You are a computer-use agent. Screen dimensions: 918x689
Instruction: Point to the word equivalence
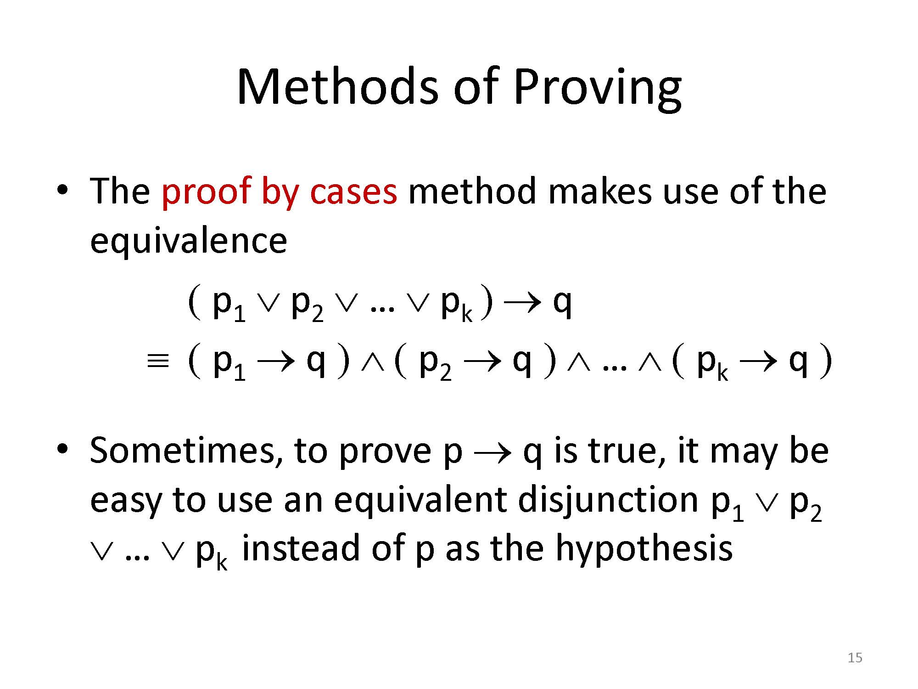click(188, 242)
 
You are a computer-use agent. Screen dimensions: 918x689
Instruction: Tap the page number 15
click(855, 658)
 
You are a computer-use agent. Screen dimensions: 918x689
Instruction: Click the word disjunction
click(608, 501)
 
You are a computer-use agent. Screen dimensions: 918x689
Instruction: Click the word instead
click(300, 548)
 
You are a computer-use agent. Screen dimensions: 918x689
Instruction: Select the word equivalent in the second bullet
click(420, 501)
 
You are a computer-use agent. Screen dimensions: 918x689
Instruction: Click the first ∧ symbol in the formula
click(371, 363)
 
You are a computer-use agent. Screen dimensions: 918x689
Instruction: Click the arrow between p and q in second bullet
click(493, 453)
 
